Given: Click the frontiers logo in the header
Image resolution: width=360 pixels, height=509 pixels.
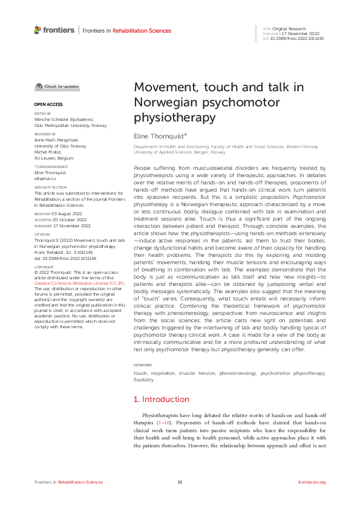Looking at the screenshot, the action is (54, 30).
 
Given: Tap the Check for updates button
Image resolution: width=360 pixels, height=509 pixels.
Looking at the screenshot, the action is (57, 87).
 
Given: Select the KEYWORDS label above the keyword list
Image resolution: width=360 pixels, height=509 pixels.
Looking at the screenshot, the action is (143, 366).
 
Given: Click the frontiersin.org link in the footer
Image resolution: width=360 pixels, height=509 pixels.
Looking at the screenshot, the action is (312, 482).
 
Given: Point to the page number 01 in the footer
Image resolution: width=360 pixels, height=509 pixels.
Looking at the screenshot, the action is (180, 482).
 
